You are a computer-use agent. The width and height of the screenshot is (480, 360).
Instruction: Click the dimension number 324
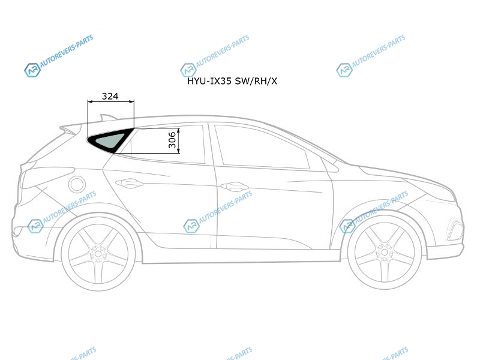tap(110, 96)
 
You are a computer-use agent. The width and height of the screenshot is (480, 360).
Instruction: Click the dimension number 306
tap(172, 140)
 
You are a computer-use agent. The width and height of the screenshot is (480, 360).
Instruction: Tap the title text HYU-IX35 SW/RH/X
tap(232, 81)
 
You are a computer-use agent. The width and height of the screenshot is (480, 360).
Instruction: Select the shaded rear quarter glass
tap(109, 140)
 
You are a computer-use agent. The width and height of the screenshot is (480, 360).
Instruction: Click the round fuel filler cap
tap(77, 184)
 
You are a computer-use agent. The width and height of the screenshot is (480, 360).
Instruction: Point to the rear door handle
tap(129, 183)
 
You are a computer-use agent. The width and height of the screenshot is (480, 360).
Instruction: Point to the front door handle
tap(235, 186)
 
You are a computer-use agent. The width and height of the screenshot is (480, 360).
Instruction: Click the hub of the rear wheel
tap(98, 253)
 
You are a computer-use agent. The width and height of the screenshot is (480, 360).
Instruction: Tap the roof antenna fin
tap(108, 118)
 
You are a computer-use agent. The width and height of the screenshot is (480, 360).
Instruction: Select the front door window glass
tap(262, 148)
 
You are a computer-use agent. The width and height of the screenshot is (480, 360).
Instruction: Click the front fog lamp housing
tap(456, 229)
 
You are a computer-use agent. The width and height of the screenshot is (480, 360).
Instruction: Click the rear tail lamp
tap(46, 177)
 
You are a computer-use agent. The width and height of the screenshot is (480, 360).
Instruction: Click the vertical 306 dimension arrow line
tap(178, 141)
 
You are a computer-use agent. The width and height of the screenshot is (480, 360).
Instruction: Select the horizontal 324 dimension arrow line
tap(111, 101)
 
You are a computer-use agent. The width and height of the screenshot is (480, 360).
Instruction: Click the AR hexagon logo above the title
tap(188, 70)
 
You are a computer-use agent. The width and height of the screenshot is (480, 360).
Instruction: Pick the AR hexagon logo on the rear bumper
tap(35, 226)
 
